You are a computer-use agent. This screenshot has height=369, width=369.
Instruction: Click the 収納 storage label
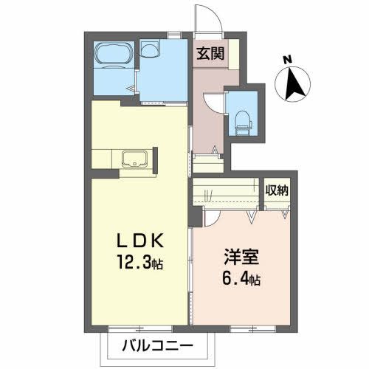click(277, 190)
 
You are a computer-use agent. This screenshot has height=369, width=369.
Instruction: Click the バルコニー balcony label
click(156, 345)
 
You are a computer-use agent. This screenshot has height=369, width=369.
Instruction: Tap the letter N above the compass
click(289, 59)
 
